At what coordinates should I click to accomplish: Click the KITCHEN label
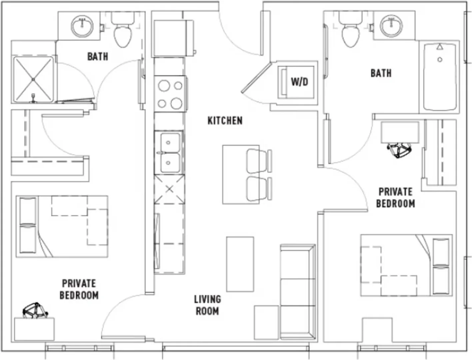225,121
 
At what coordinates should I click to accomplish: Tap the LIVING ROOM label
208,305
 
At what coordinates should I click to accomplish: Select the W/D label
300,82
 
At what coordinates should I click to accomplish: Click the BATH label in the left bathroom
98,57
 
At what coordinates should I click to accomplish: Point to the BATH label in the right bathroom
381,73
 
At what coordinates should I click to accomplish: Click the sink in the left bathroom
82,26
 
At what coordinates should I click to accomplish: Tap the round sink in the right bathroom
391,26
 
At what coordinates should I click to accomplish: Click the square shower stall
33,79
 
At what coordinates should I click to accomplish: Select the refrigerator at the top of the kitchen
173,39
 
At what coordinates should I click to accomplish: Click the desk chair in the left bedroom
35,311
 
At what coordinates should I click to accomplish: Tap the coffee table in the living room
240,264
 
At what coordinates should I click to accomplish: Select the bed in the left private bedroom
62,226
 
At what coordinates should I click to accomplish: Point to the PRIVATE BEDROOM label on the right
395,198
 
